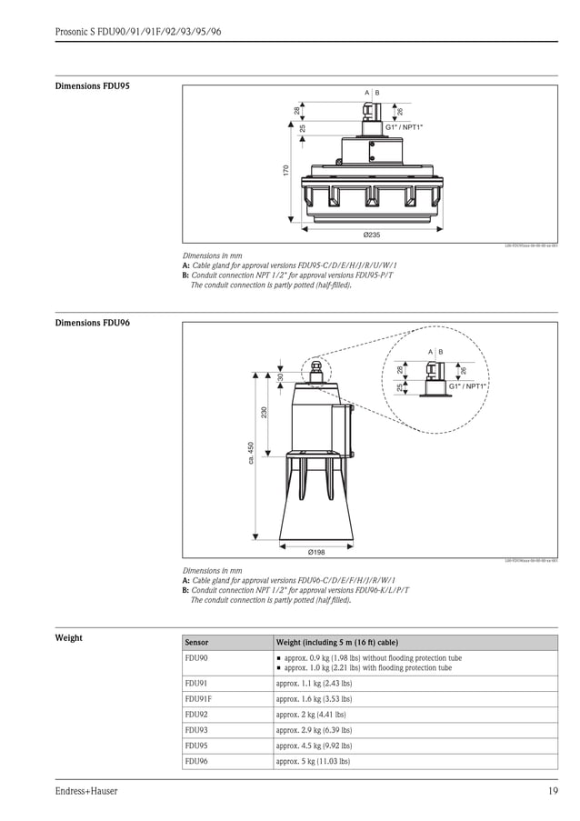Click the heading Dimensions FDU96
click(x=93, y=324)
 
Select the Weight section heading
click(x=69, y=637)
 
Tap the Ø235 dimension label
click(x=371, y=235)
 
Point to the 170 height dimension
click(x=285, y=170)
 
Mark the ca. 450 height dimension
click(x=251, y=456)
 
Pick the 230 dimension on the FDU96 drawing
click(x=265, y=413)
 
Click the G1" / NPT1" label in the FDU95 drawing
click(x=405, y=127)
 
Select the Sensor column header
click(x=197, y=642)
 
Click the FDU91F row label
click(x=198, y=698)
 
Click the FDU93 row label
click(x=196, y=729)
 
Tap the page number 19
click(x=553, y=791)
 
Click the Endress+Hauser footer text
click(x=86, y=791)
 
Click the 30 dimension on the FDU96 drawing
click(x=281, y=376)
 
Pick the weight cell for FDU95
click(x=315, y=745)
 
